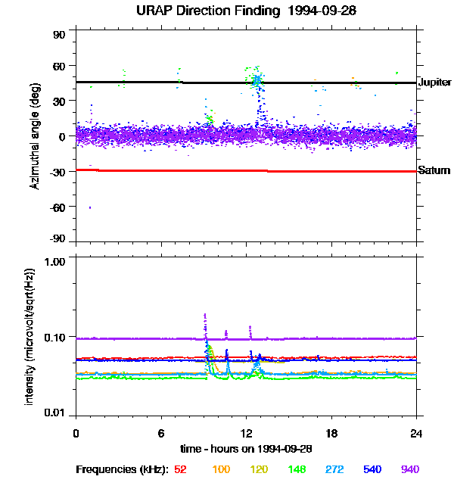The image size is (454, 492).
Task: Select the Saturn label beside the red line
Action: click(x=434, y=170)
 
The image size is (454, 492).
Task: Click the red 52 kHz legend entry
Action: click(x=180, y=469)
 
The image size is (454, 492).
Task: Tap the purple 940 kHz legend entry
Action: click(x=409, y=469)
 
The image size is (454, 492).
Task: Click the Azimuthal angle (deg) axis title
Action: click(x=36, y=136)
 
